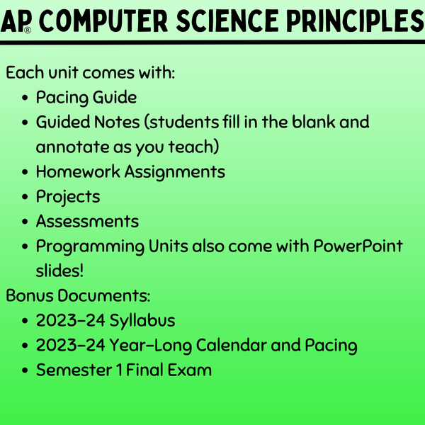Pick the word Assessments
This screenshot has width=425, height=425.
pyautogui.click(x=87, y=221)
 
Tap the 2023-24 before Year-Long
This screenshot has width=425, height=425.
pyautogui.click(x=70, y=346)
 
